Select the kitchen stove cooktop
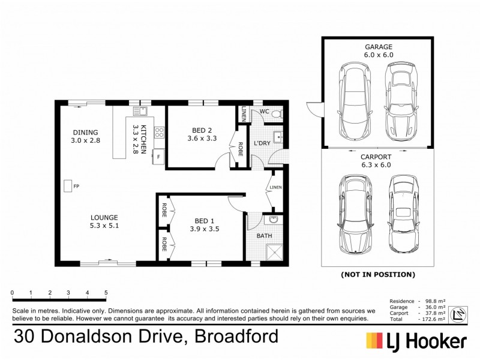(x=159, y=133)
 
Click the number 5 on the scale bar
(x=106, y=292)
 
